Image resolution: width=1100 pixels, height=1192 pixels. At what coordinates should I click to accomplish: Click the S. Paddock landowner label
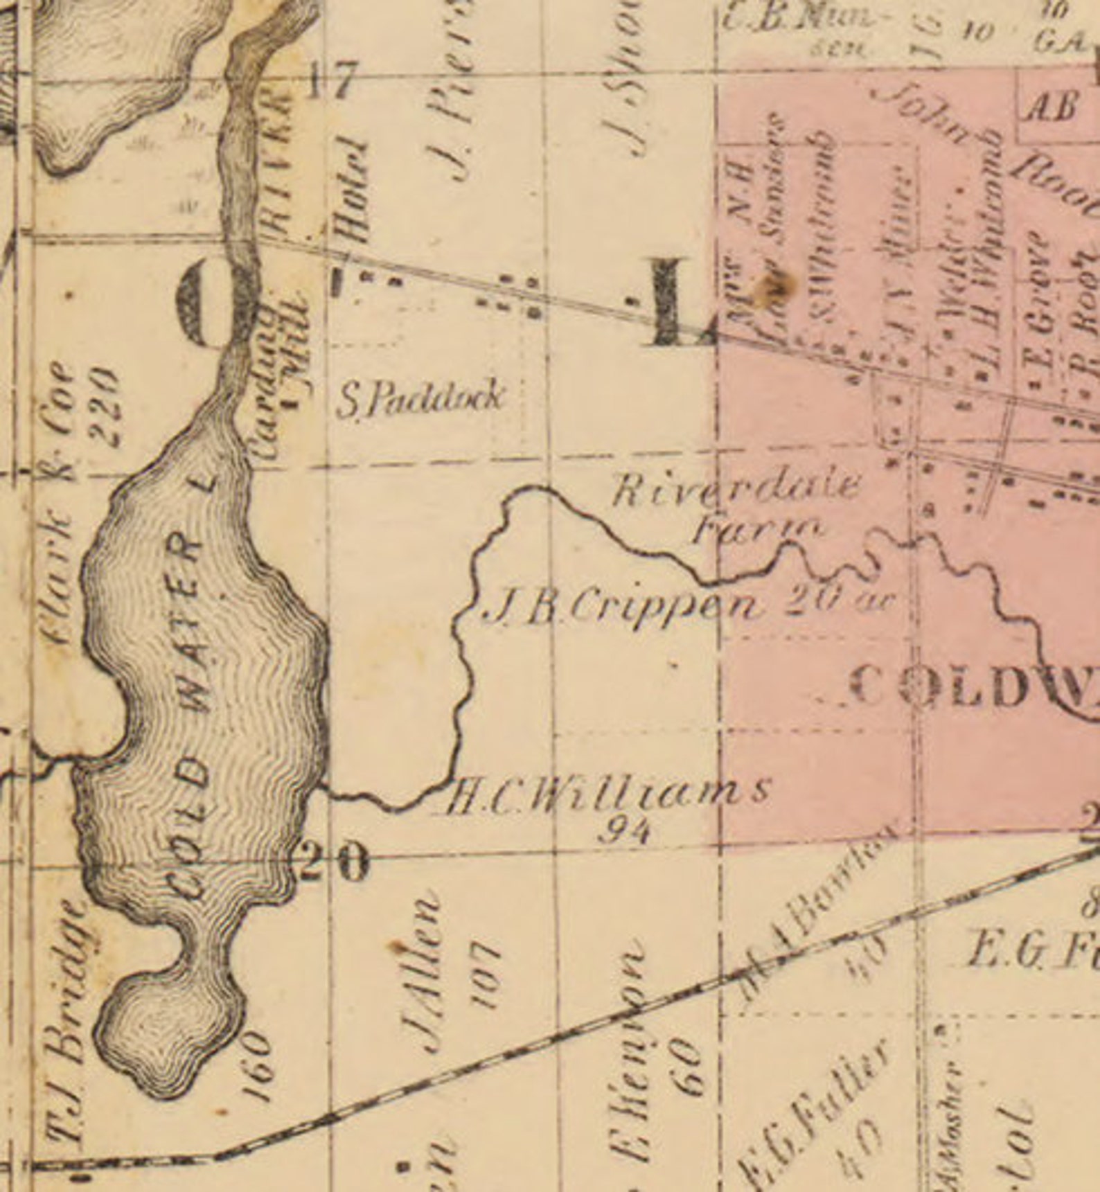coord(420,400)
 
